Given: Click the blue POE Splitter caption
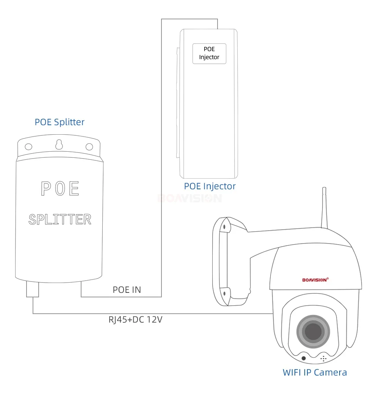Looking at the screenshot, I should point(60,122).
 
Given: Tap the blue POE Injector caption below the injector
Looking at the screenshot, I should point(210,186).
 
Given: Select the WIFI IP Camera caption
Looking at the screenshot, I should point(315,372).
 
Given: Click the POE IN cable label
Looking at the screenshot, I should point(127,290).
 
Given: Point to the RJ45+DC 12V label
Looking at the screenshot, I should point(135,320).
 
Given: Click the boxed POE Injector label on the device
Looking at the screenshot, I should point(209,53).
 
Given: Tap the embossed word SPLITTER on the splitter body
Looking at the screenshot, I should point(60,219).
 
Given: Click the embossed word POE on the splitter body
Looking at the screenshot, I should point(60,189).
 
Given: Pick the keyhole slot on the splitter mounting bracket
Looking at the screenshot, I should point(59,145).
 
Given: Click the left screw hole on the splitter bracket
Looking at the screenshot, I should point(28,146).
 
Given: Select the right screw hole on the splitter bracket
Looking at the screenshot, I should point(89,146).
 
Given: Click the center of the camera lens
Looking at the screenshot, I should point(313,332).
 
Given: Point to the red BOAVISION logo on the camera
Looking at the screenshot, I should point(315,280).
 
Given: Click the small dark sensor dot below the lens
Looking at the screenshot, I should point(304,358).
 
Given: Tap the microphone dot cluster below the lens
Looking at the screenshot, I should point(323,358).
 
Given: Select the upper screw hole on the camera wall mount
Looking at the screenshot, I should point(224,227).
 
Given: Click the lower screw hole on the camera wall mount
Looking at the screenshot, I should point(225,293).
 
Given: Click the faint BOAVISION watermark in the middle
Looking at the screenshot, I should point(189,198).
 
